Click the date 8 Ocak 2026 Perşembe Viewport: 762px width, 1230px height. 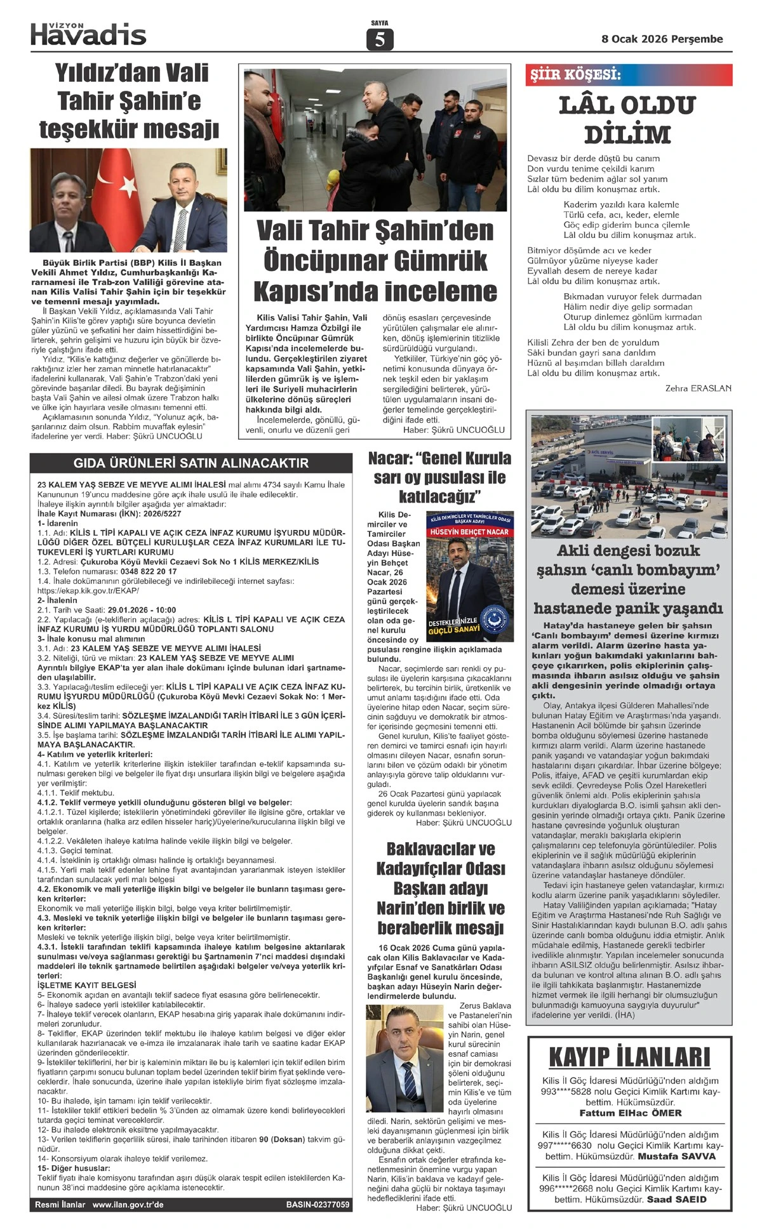pyautogui.click(x=662, y=39)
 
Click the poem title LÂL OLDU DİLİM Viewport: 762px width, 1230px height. pyautogui.click(x=627, y=120)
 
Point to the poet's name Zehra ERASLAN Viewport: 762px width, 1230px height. pyautogui.click(x=698, y=388)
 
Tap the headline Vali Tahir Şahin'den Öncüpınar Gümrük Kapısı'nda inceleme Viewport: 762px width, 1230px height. pyautogui.click(x=375, y=261)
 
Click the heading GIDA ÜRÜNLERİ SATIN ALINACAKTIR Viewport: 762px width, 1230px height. pyautogui.click(x=191, y=463)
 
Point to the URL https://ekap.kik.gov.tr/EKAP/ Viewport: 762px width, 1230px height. pyautogui.click(x=88, y=590)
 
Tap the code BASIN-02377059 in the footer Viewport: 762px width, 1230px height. pyautogui.click(x=317, y=1204)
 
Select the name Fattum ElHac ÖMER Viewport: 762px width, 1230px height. pyautogui.click(x=631, y=1113)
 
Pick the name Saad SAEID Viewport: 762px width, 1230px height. pyautogui.click(x=676, y=1200)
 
